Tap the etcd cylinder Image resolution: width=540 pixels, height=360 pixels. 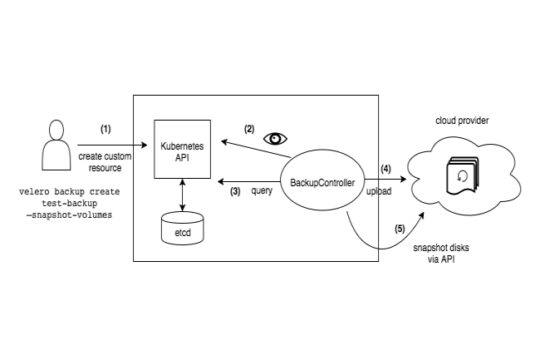[x=182, y=227]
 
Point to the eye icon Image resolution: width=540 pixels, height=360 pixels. [x=275, y=138]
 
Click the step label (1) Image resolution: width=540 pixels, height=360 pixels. [x=106, y=129]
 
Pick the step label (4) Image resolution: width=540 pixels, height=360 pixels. [x=385, y=169]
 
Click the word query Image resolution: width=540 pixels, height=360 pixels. [x=263, y=191]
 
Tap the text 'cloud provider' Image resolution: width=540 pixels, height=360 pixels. [x=461, y=121]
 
